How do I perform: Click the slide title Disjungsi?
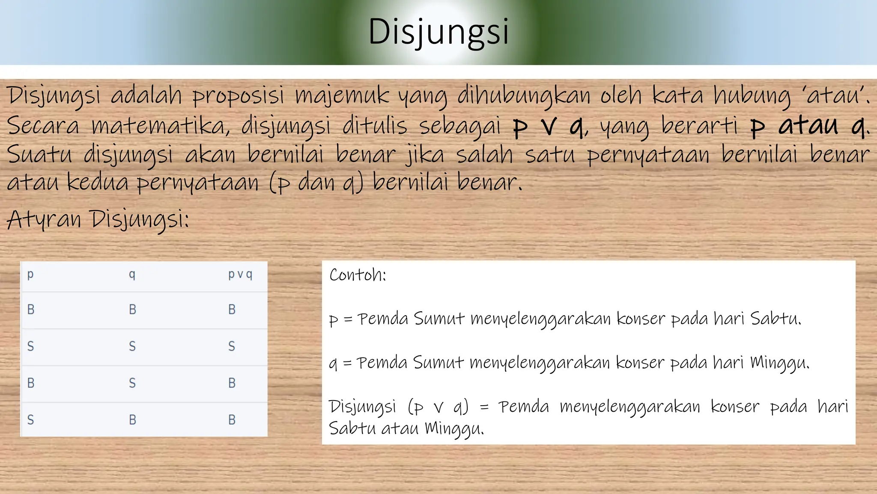click(438, 32)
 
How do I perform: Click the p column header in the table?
click(30, 274)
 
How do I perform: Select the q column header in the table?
click(132, 274)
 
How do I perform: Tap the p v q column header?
click(240, 274)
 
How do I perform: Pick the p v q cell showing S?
click(232, 346)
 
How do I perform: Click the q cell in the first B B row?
click(133, 309)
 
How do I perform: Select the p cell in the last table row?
click(30, 419)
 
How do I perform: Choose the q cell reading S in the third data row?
click(132, 383)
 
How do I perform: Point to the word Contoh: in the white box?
click(358, 275)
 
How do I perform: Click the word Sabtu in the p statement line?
click(776, 319)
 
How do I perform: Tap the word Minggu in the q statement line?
click(779, 363)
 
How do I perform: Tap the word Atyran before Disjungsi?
click(44, 219)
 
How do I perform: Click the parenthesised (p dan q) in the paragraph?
click(316, 183)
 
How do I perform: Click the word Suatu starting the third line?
click(39, 154)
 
